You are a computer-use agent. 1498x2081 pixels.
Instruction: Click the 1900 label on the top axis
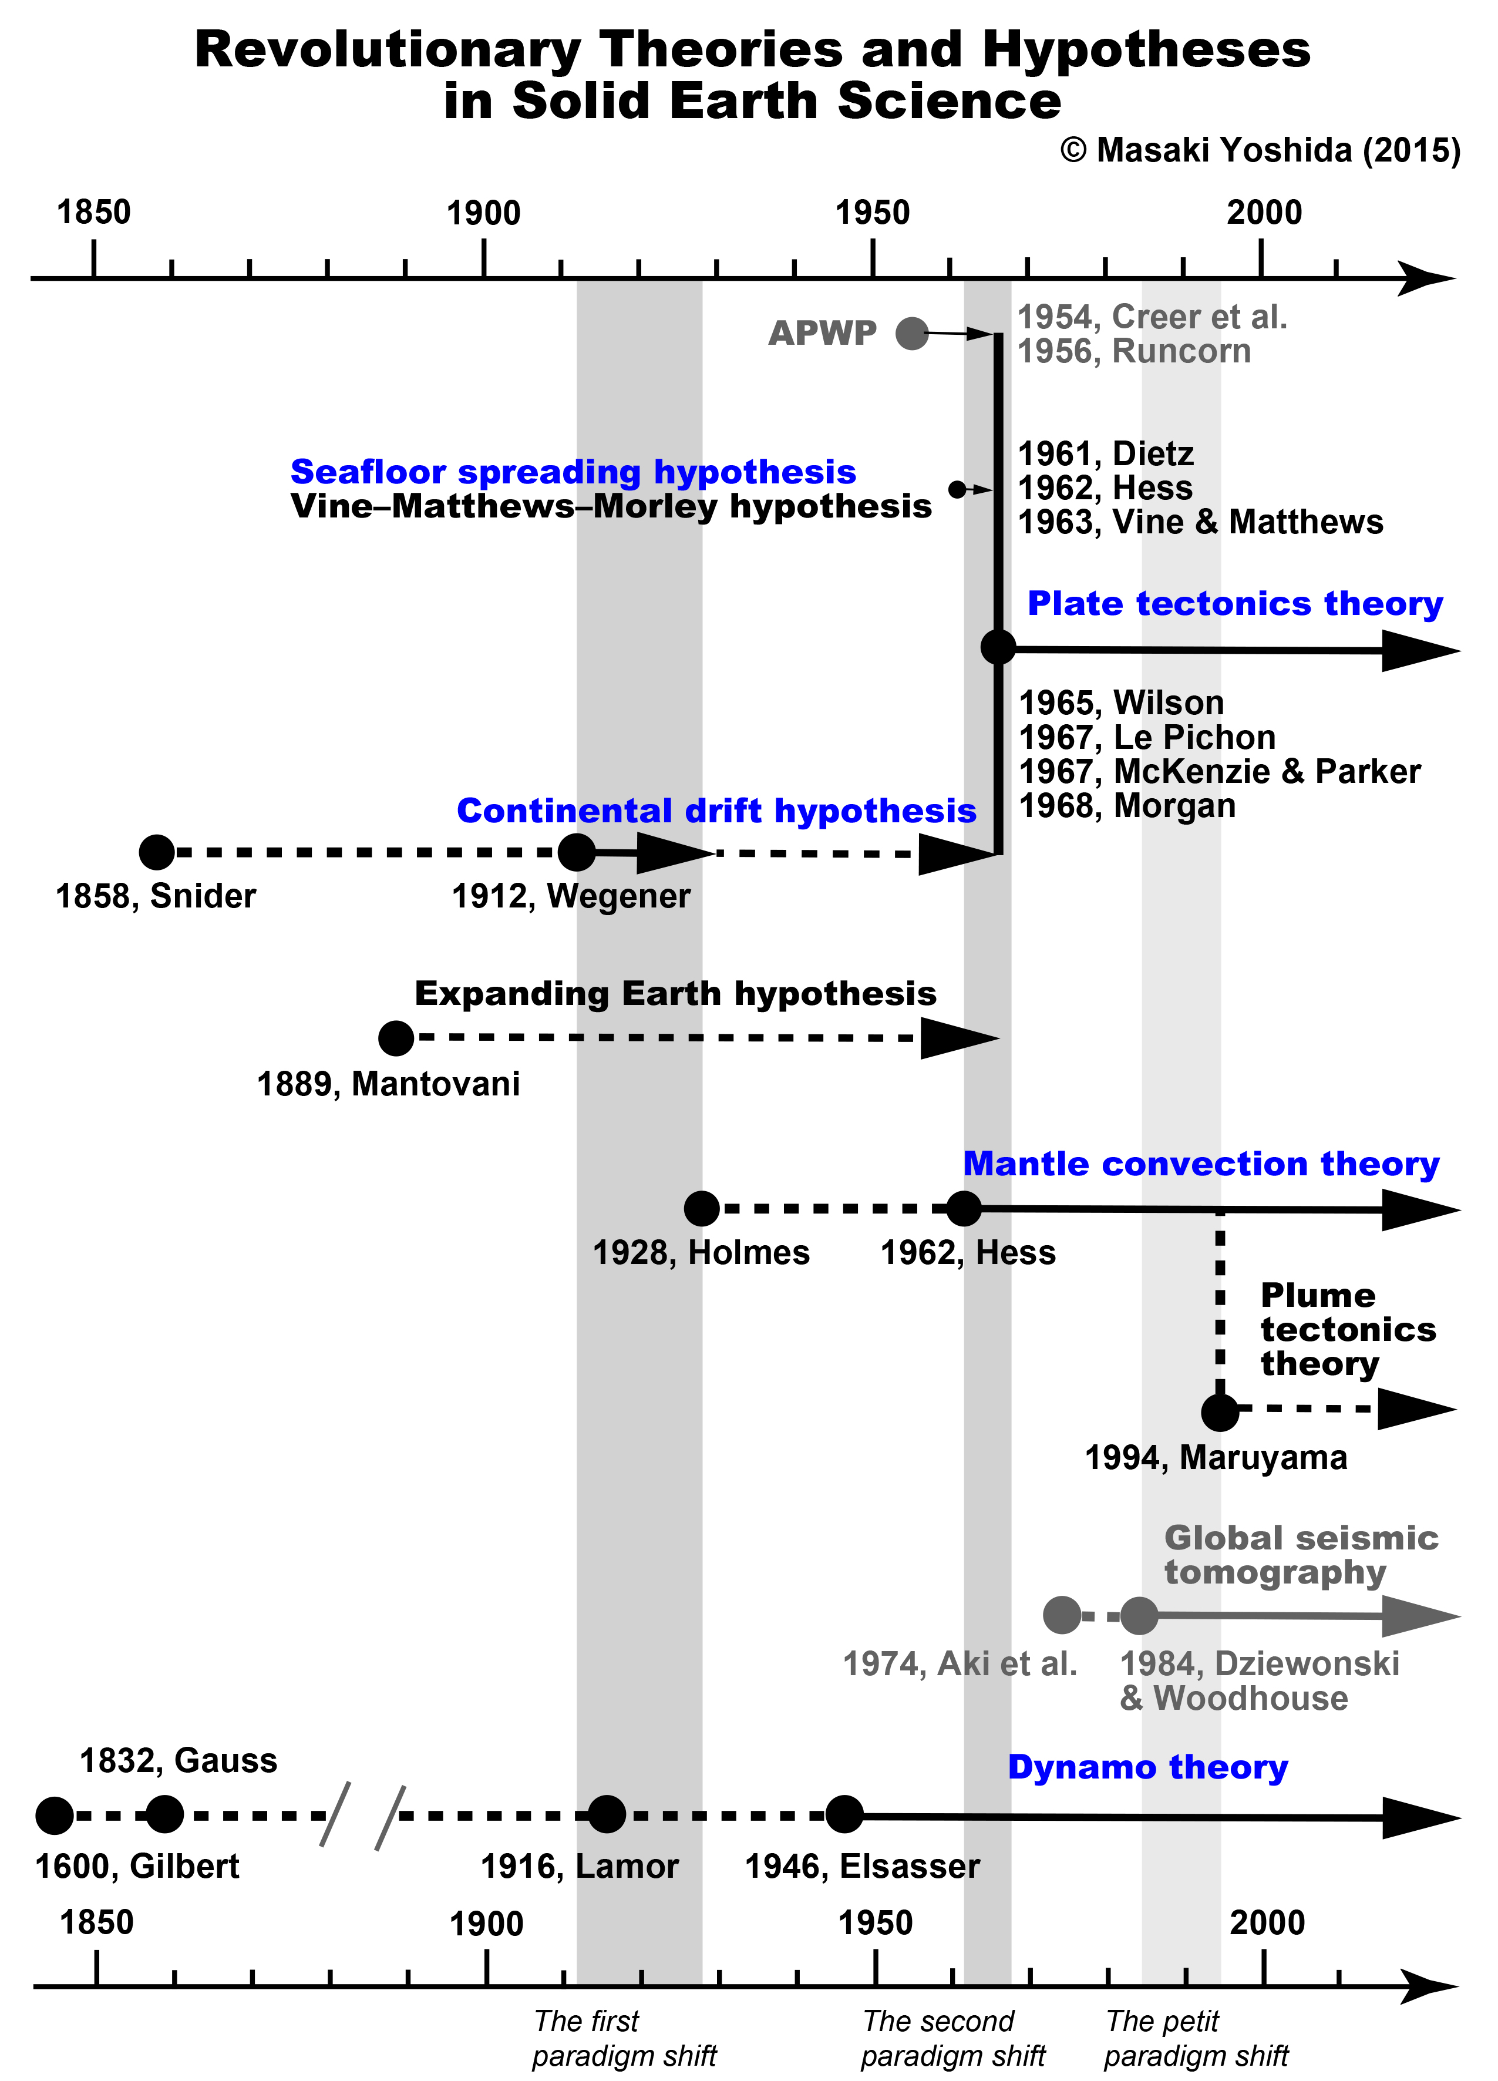coord(483,214)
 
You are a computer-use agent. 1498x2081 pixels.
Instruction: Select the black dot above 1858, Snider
coord(157,852)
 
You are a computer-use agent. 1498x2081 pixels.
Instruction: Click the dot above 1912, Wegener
coord(576,852)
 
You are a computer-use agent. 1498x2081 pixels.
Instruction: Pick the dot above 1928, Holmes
coord(702,1208)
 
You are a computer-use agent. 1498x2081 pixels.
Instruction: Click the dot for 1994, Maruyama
coord(1219,1412)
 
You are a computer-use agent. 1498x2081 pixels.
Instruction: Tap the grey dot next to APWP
coord(912,333)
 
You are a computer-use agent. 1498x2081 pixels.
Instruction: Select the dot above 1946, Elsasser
coord(844,1814)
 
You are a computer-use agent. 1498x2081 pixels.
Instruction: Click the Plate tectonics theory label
coord(1235,604)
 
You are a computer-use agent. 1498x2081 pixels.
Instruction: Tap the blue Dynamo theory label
coord(1147,1767)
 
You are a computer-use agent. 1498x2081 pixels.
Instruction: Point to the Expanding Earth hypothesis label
coord(675,994)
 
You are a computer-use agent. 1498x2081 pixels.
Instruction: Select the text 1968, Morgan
coord(1127,806)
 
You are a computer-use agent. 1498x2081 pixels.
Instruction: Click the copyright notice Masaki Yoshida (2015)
coord(1260,150)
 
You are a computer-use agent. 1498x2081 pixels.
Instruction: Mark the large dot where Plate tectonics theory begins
coord(998,647)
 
